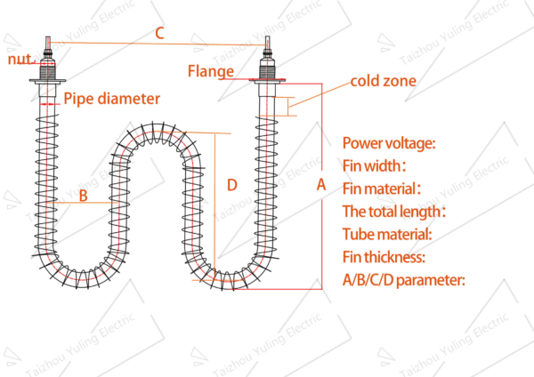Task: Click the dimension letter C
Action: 159,33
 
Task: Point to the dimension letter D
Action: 231,185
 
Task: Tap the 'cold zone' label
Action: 383,81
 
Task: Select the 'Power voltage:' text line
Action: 389,142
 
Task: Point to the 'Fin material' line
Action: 381,188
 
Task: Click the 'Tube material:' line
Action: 387,235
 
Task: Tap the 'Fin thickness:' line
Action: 384,258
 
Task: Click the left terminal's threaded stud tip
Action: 48,41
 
